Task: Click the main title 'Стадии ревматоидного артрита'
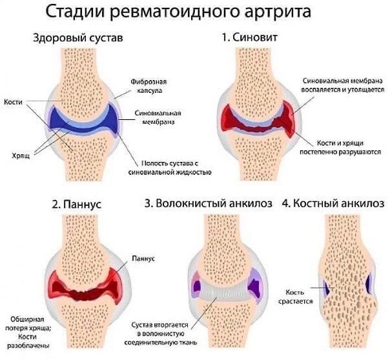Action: [x=178, y=12]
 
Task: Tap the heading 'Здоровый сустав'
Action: [x=78, y=38]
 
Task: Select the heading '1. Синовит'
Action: [x=250, y=37]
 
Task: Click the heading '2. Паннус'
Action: [x=77, y=205]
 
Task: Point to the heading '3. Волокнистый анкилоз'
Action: [x=209, y=203]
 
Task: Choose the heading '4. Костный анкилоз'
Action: [x=333, y=203]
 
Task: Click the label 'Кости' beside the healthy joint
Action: [x=13, y=102]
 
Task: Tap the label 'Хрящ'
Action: [x=21, y=155]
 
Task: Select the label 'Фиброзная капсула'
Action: [x=149, y=86]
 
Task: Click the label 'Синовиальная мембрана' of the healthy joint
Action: [x=158, y=117]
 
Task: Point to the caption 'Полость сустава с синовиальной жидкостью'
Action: [x=170, y=168]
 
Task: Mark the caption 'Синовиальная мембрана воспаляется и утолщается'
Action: [x=343, y=85]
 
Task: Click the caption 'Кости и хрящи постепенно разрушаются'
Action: [x=340, y=147]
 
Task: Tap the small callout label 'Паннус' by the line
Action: [x=143, y=258]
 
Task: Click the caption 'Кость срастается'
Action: [x=295, y=297]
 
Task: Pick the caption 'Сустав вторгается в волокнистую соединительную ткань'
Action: [x=161, y=334]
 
